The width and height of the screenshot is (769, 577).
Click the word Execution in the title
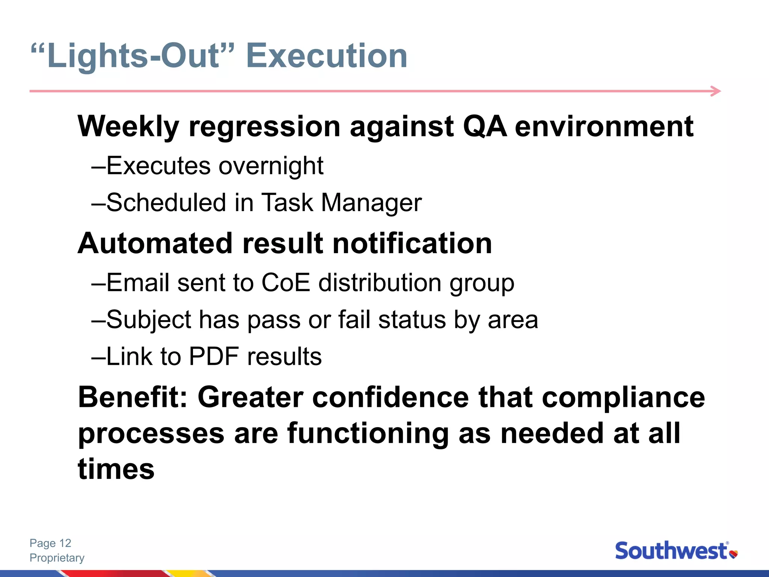(x=326, y=56)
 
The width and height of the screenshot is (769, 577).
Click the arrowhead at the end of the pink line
(x=716, y=91)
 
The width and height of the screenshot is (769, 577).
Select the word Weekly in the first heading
(x=128, y=127)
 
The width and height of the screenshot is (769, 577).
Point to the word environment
(x=604, y=127)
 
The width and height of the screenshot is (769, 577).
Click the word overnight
(x=271, y=166)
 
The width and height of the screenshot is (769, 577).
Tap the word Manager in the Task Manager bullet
(x=371, y=203)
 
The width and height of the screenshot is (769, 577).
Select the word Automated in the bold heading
(x=155, y=243)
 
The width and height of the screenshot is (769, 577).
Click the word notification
(x=412, y=243)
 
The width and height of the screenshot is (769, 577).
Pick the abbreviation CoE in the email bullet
(x=285, y=282)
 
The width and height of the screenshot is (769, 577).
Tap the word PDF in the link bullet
(x=213, y=356)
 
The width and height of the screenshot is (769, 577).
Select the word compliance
(x=623, y=397)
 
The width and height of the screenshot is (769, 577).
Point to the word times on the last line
(x=116, y=470)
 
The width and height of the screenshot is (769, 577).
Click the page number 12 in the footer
(x=65, y=543)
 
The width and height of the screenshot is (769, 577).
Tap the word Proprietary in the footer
(x=57, y=558)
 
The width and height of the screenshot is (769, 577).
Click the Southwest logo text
(x=671, y=551)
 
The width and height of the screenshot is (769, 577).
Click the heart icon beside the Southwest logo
(x=733, y=554)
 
